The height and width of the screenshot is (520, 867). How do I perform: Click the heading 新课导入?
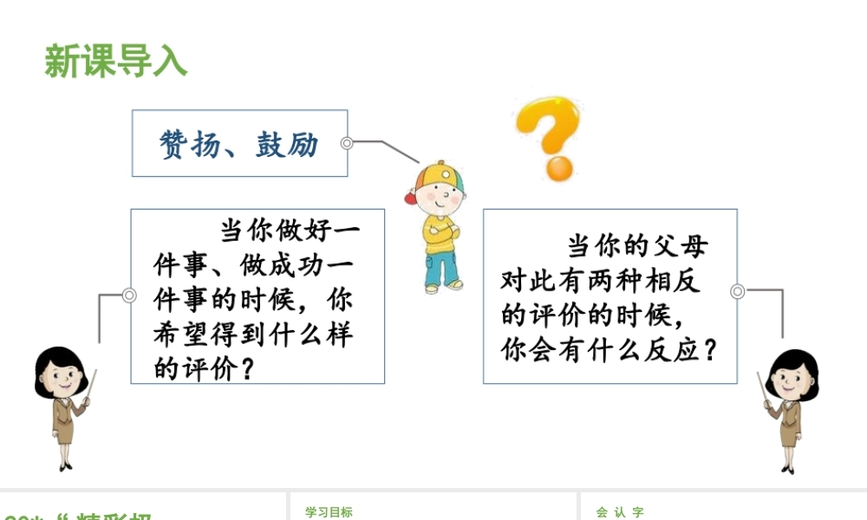coord(115,62)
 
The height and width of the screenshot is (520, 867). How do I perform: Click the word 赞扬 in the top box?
coord(189,144)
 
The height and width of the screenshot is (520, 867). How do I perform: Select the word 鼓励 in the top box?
coord(287,144)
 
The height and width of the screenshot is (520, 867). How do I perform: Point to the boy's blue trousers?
coord(443,264)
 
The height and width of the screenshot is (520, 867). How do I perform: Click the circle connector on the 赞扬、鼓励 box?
coord(347,143)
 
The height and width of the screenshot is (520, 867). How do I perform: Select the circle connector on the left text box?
coord(129,296)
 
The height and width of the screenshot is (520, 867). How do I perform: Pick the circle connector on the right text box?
coord(738,291)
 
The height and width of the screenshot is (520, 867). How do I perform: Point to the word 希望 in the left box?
coord(181,335)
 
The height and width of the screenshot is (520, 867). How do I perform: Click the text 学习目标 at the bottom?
coord(329,512)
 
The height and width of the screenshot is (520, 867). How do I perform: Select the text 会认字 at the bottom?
coord(620,512)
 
